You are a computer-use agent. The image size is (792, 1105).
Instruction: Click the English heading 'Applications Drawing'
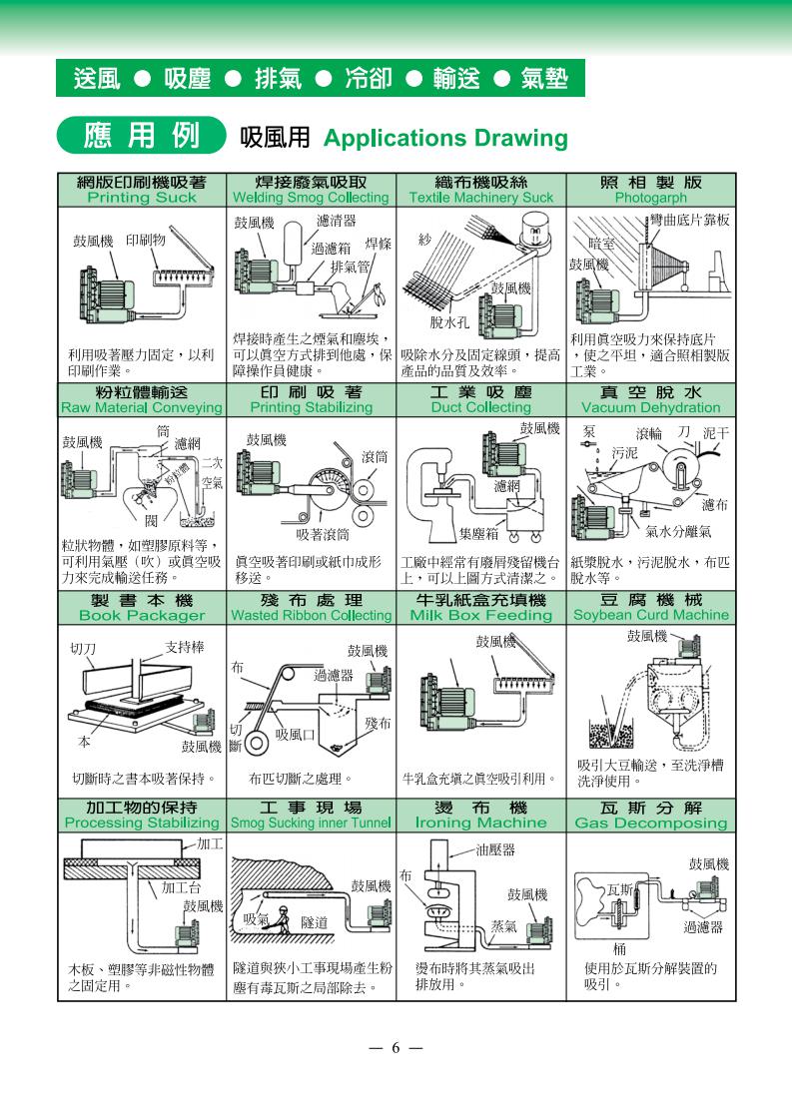(x=445, y=138)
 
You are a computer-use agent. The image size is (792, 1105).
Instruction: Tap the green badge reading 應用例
(x=141, y=136)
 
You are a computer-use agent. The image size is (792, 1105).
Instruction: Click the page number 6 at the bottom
(x=396, y=1048)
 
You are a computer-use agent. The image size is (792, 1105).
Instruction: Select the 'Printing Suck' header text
(x=142, y=198)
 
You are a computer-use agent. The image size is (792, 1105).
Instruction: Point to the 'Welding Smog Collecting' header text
(x=311, y=198)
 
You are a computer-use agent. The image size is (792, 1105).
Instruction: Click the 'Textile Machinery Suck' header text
(x=481, y=198)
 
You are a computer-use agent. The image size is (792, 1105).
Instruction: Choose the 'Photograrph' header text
(x=651, y=198)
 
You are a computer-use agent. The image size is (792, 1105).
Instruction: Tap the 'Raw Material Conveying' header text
(x=142, y=407)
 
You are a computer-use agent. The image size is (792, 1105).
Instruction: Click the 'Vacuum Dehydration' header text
(x=651, y=407)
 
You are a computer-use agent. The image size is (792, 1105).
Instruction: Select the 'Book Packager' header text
(x=142, y=615)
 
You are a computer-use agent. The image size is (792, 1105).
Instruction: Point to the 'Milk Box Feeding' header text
(x=481, y=615)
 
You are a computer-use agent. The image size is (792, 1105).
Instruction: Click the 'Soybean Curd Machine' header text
(x=651, y=615)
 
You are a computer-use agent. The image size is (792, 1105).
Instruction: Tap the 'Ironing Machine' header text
(x=481, y=823)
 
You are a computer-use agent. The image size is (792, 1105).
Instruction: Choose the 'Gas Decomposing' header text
(x=651, y=823)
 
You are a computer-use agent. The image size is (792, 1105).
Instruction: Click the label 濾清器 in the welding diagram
(x=337, y=221)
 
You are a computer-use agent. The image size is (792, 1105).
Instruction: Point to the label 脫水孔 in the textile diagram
(x=449, y=322)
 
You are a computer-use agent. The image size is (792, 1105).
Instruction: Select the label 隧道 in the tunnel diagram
(x=315, y=922)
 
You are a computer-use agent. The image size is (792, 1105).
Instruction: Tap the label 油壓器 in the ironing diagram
(x=495, y=850)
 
